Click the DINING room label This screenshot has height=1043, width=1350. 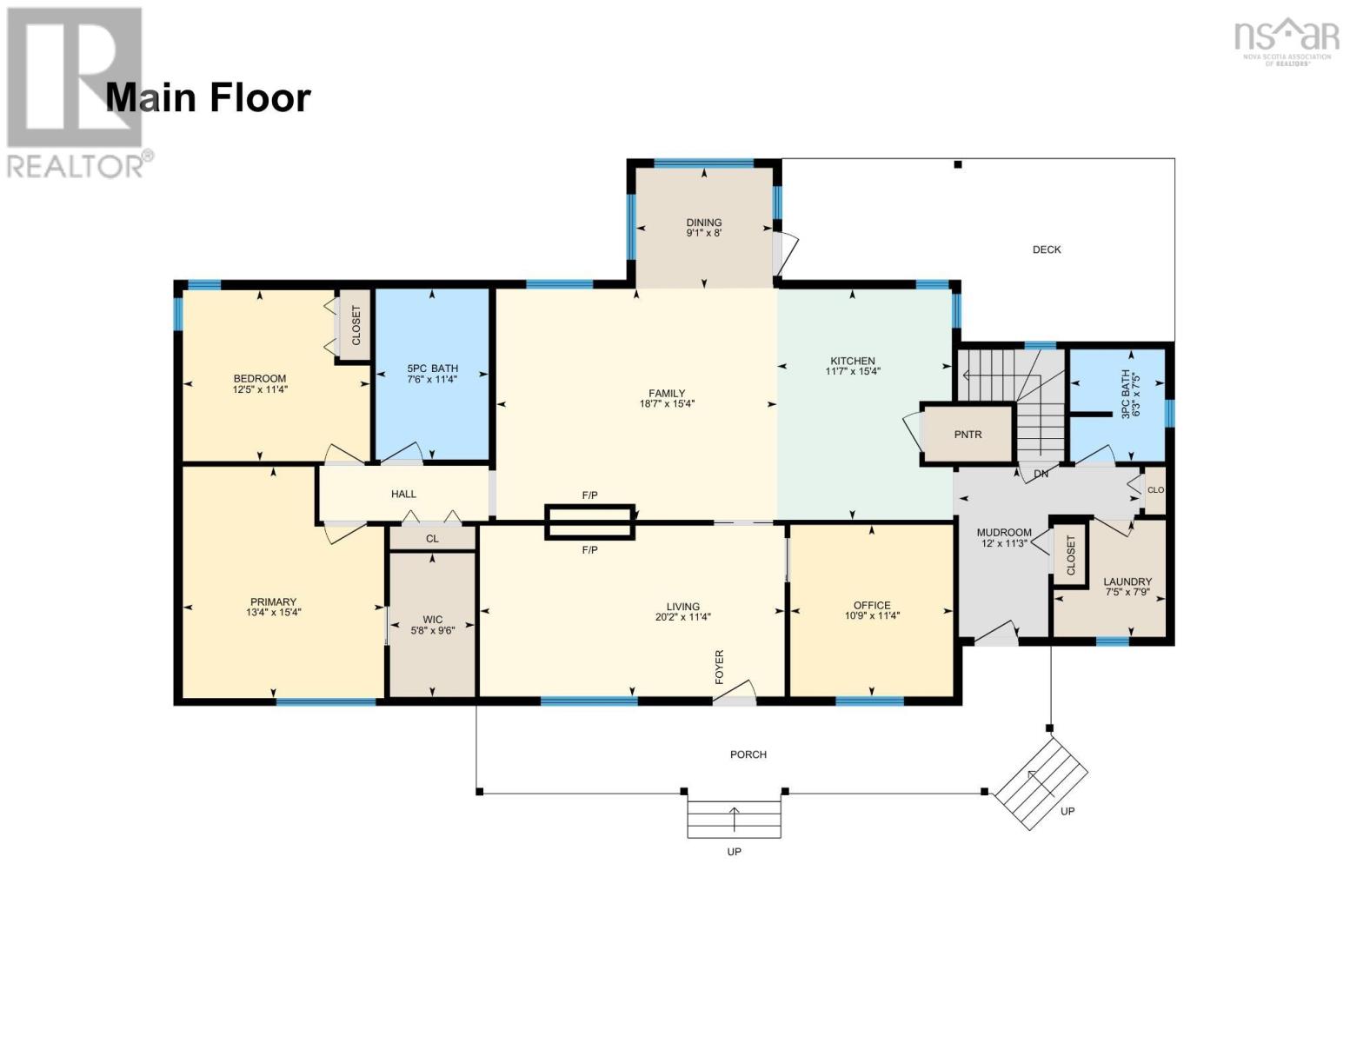pos(703,223)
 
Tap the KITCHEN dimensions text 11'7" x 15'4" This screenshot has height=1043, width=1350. pos(853,372)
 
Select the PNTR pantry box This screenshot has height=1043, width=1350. pos(968,434)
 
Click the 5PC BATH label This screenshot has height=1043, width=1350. pos(432,369)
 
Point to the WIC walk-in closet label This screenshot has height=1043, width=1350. pos(432,620)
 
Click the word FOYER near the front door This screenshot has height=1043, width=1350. pos(720,667)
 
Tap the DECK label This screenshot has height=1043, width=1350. pos(1047,249)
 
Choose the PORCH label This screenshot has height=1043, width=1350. pos(748,754)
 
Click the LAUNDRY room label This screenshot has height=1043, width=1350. pos(1127,581)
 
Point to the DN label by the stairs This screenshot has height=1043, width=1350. pos(1041,475)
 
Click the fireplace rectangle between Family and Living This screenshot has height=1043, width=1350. pos(589,521)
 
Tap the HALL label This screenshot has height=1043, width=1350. pos(403,494)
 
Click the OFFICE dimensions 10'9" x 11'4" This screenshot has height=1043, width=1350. pos(872,616)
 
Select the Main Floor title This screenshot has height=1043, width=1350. pos(208,97)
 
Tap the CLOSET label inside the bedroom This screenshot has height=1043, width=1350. pos(356,325)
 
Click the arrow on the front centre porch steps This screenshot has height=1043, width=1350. pos(734,819)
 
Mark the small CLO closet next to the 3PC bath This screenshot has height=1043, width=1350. pos(1155,490)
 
